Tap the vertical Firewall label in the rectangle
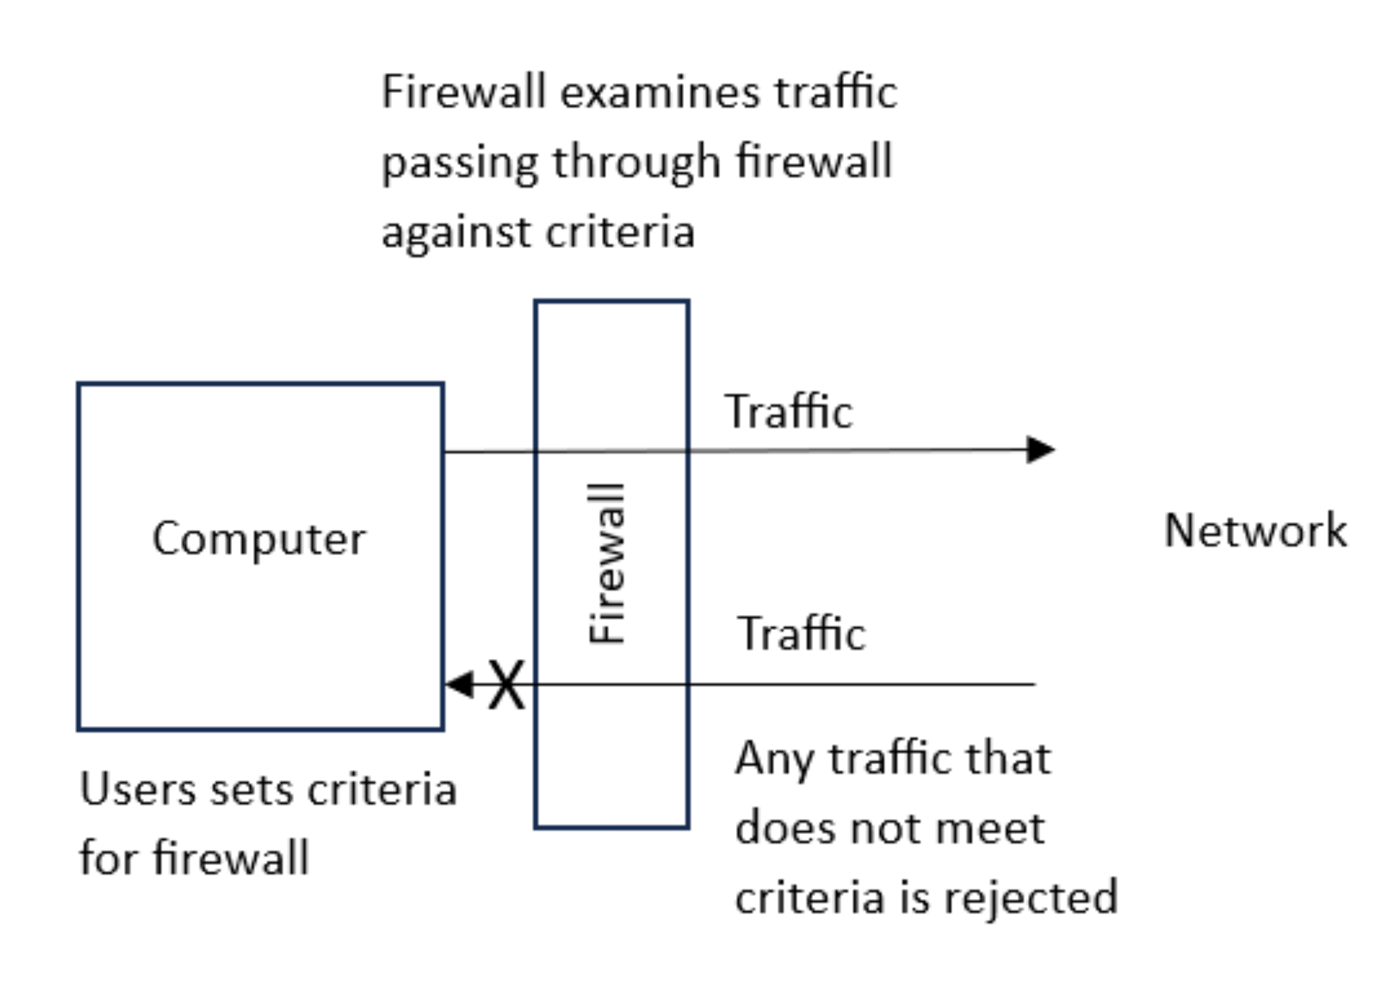[606, 563]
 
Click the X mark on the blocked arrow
[506, 685]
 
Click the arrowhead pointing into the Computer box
[460, 684]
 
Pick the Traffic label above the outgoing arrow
[788, 412]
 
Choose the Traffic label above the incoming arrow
[800, 633]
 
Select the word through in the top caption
[636, 163]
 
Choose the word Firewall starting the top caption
[464, 92]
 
